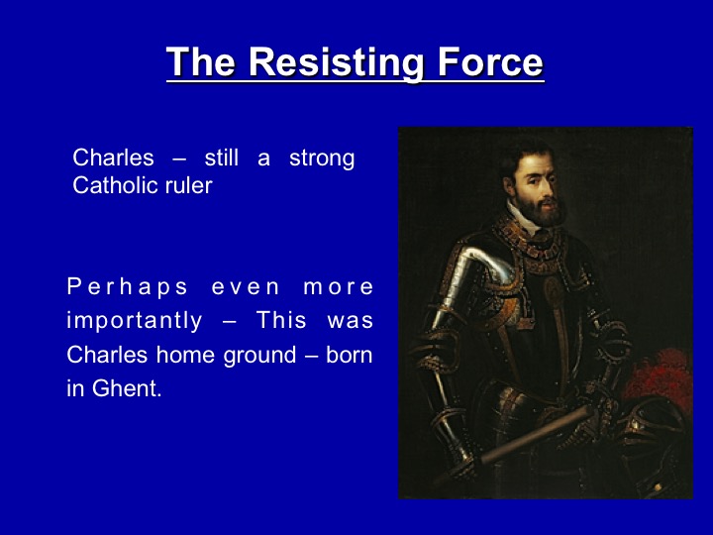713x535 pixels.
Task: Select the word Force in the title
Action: (x=490, y=61)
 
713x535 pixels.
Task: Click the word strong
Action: (x=322, y=159)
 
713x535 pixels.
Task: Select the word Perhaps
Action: (x=128, y=287)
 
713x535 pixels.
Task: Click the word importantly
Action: (x=134, y=321)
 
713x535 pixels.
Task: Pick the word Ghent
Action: (x=127, y=388)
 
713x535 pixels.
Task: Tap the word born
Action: (x=350, y=355)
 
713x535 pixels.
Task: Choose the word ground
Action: (x=259, y=356)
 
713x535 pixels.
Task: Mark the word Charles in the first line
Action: (x=113, y=158)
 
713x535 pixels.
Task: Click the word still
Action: (x=222, y=158)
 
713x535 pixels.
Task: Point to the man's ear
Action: (x=509, y=185)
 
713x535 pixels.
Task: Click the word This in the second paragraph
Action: (x=281, y=320)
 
